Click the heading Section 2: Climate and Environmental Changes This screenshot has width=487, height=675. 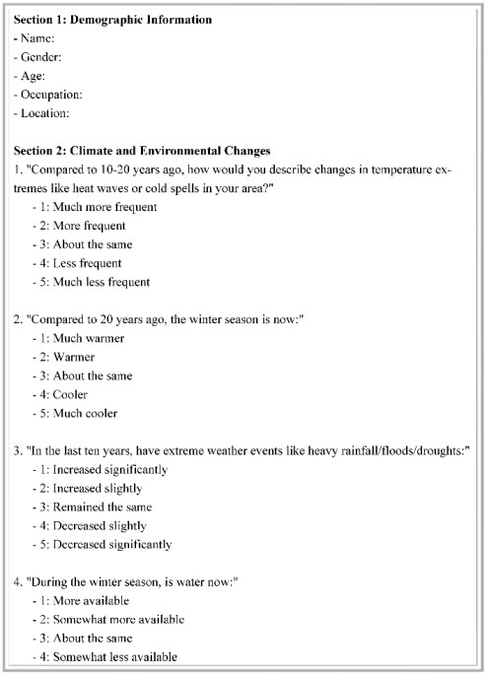click(143, 151)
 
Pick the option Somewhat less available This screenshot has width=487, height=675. click(114, 656)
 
